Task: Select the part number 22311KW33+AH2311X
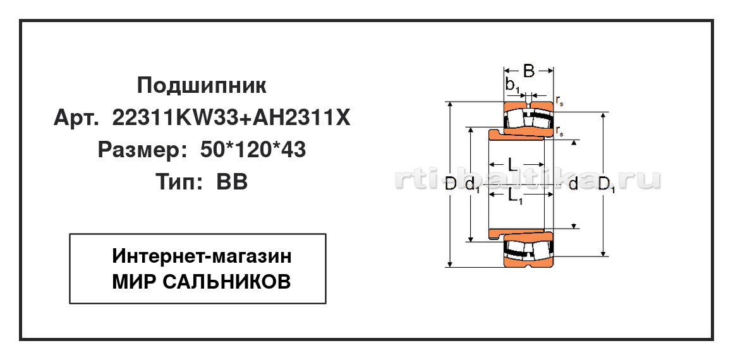pos(231,118)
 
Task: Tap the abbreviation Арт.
pos(76,118)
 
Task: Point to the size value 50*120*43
pos(253,150)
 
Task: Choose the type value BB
pos(232,182)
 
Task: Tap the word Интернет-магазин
pos(202,256)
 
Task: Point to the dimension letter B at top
pos(528,71)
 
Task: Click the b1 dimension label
pos(513,85)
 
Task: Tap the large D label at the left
pos(450,184)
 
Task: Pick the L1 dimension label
pos(515,197)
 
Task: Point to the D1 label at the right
pos(607,185)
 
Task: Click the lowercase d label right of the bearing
pos(574,184)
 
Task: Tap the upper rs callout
pos(560,101)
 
